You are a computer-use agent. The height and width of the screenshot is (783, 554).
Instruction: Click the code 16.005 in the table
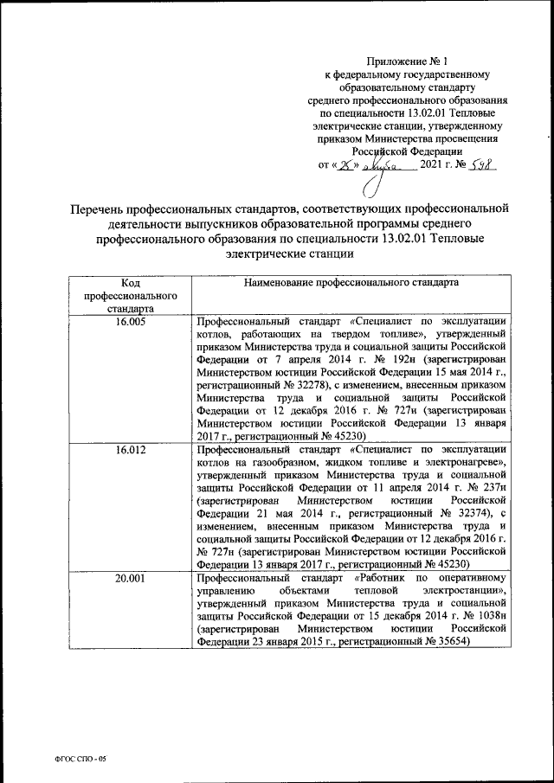pos(131,320)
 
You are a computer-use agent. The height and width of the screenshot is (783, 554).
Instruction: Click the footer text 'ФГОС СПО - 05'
pos(77,758)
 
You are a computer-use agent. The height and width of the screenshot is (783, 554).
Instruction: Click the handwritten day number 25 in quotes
pos(350,164)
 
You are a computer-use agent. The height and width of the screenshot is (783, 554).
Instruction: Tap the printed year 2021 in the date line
pos(434,164)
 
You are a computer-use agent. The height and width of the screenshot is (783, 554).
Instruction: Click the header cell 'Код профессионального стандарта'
pos(131,294)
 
